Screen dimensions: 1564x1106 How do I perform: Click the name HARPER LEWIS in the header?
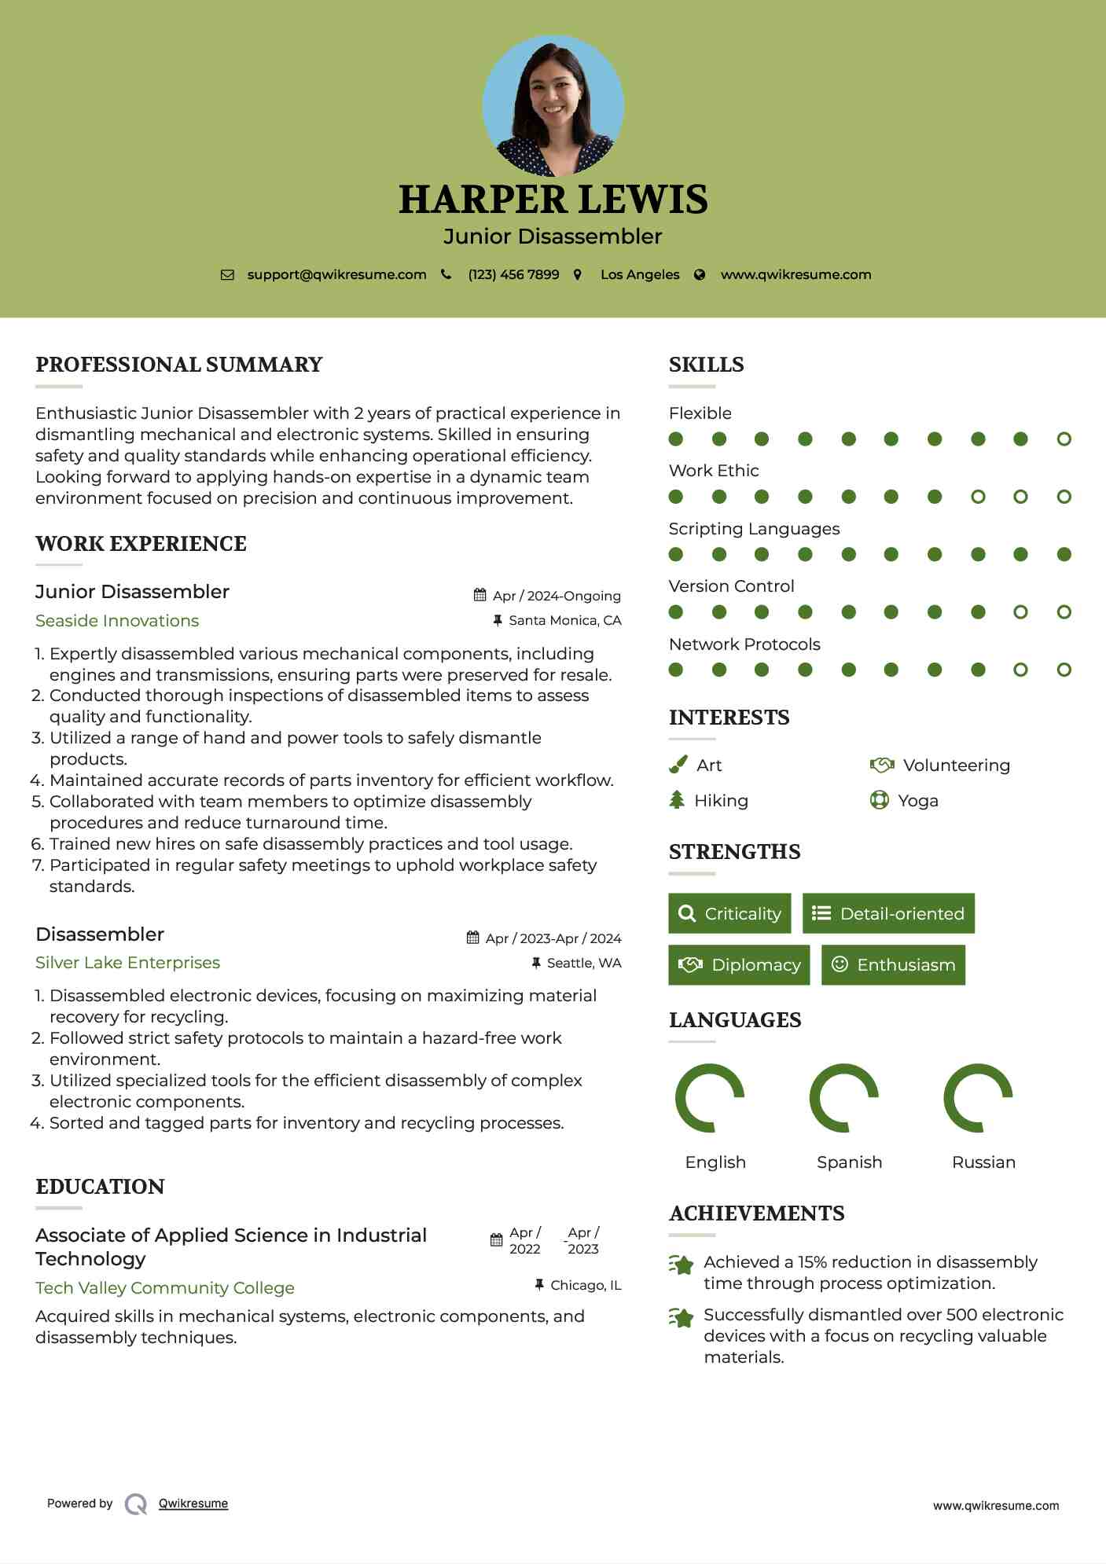(553, 200)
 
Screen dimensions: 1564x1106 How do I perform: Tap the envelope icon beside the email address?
(227, 275)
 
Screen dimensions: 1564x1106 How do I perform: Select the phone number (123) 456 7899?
(513, 275)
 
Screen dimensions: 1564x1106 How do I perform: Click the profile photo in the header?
(553, 105)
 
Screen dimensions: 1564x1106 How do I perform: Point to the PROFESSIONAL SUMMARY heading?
(179, 365)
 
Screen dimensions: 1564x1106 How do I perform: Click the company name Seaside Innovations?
(117, 621)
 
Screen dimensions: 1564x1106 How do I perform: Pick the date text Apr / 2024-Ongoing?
(557, 596)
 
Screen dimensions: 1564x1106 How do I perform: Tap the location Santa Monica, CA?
(564, 621)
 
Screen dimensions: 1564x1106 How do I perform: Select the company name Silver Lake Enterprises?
(127, 963)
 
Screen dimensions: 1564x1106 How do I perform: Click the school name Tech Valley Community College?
(165, 1288)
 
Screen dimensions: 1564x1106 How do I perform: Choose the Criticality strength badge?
(729, 913)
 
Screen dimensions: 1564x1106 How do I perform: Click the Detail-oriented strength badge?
(888, 913)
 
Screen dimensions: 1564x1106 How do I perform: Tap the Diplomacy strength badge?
(739, 965)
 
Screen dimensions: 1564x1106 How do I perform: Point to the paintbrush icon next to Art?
(678, 765)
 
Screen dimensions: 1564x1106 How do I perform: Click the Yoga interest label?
(918, 801)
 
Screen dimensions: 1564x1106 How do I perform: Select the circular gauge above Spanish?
(844, 1098)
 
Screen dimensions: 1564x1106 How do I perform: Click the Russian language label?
(983, 1162)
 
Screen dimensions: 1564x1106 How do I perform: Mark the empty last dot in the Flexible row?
(1064, 439)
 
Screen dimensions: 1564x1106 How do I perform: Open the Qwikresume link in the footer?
(193, 1503)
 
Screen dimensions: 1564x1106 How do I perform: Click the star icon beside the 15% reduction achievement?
(682, 1265)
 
